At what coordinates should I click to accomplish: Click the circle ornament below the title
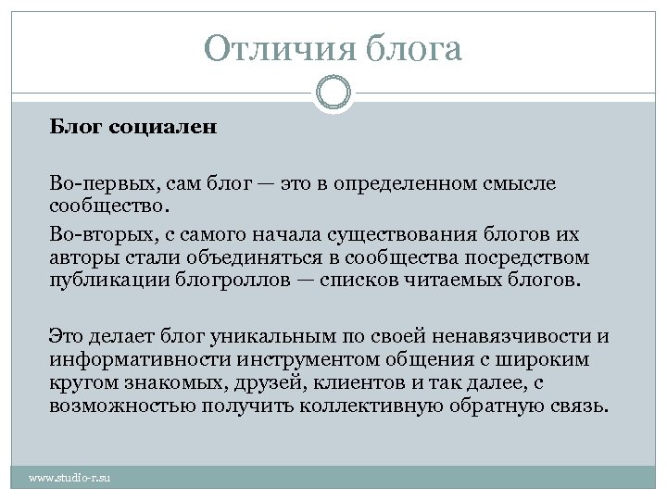[333, 93]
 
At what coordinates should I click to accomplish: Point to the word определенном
[406, 183]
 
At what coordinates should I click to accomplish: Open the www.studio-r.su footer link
[69, 478]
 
